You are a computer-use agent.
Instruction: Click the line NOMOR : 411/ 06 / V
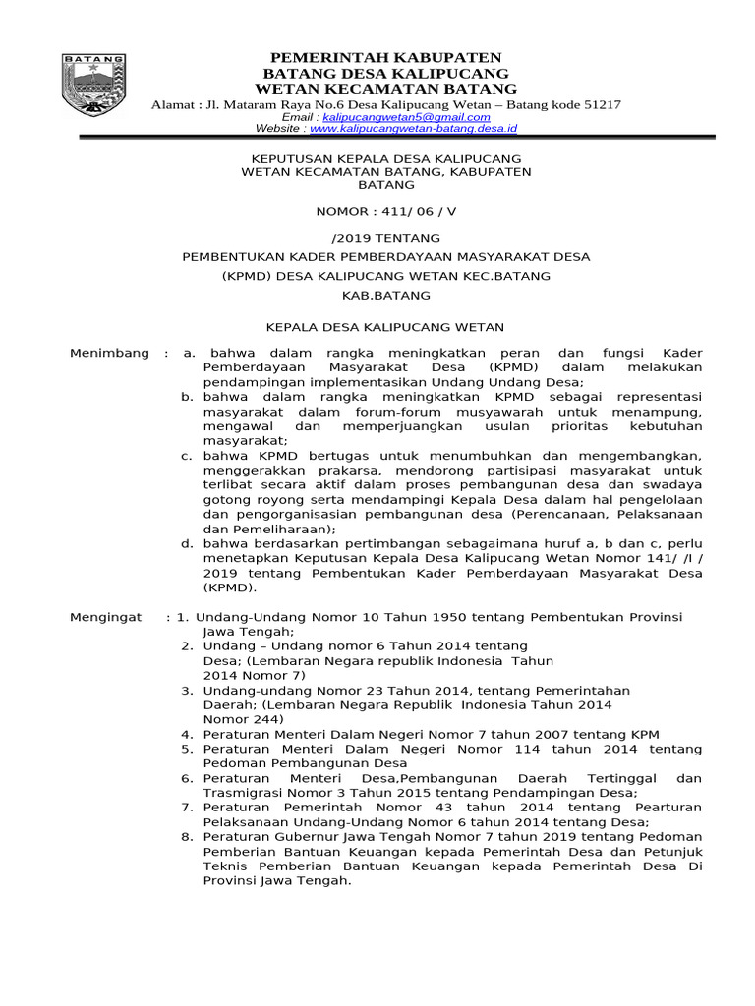tap(386, 211)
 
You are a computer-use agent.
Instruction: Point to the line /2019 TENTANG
tap(386, 238)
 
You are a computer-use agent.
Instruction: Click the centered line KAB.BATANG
tap(386, 295)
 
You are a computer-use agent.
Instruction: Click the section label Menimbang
tap(110, 353)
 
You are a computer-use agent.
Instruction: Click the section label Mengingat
tap(108, 617)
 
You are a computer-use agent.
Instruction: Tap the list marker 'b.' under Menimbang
tap(187, 395)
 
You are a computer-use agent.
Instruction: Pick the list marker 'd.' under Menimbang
tap(187, 543)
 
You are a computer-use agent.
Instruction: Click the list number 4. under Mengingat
tap(187, 734)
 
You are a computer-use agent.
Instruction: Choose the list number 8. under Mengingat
tap(187, 837)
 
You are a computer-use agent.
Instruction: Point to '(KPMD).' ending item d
tap(230, 587)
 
